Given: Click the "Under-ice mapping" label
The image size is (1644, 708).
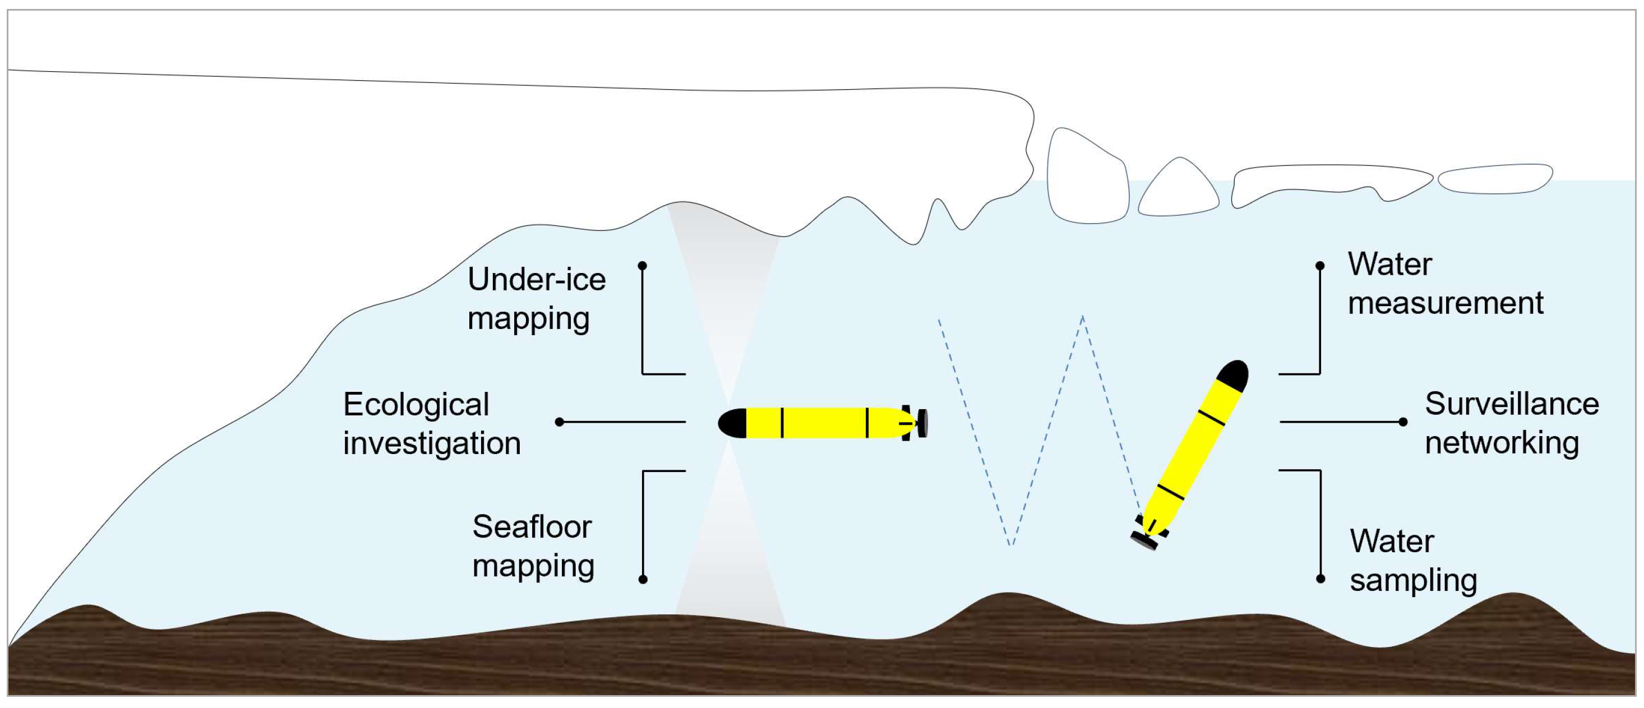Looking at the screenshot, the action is coord(536,299).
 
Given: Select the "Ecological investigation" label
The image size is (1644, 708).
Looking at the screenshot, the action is coord(431,424).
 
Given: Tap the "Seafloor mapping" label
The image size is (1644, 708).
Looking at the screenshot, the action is coord(533,546).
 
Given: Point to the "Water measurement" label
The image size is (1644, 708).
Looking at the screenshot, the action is coord(1445,283).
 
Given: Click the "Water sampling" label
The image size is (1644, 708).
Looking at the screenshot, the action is coord(1413,561).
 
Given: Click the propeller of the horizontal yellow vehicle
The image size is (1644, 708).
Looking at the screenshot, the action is coord(922,423).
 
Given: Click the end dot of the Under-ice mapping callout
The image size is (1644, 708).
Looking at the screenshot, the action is coord(643,265).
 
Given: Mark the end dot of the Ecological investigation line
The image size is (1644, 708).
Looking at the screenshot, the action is coord(560,422).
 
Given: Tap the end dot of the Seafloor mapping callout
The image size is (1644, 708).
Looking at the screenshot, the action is coord(643,579).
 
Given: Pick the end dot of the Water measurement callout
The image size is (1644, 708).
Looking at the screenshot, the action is coord(1320,265).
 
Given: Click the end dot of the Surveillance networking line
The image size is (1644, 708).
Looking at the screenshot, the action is coord(1403,422).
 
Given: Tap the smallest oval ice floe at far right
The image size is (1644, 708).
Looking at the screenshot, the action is coord(1495,179).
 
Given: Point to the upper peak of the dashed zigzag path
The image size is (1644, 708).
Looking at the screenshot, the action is coord(1082,317).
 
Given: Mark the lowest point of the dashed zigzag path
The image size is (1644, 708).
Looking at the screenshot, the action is coord(1011,545).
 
